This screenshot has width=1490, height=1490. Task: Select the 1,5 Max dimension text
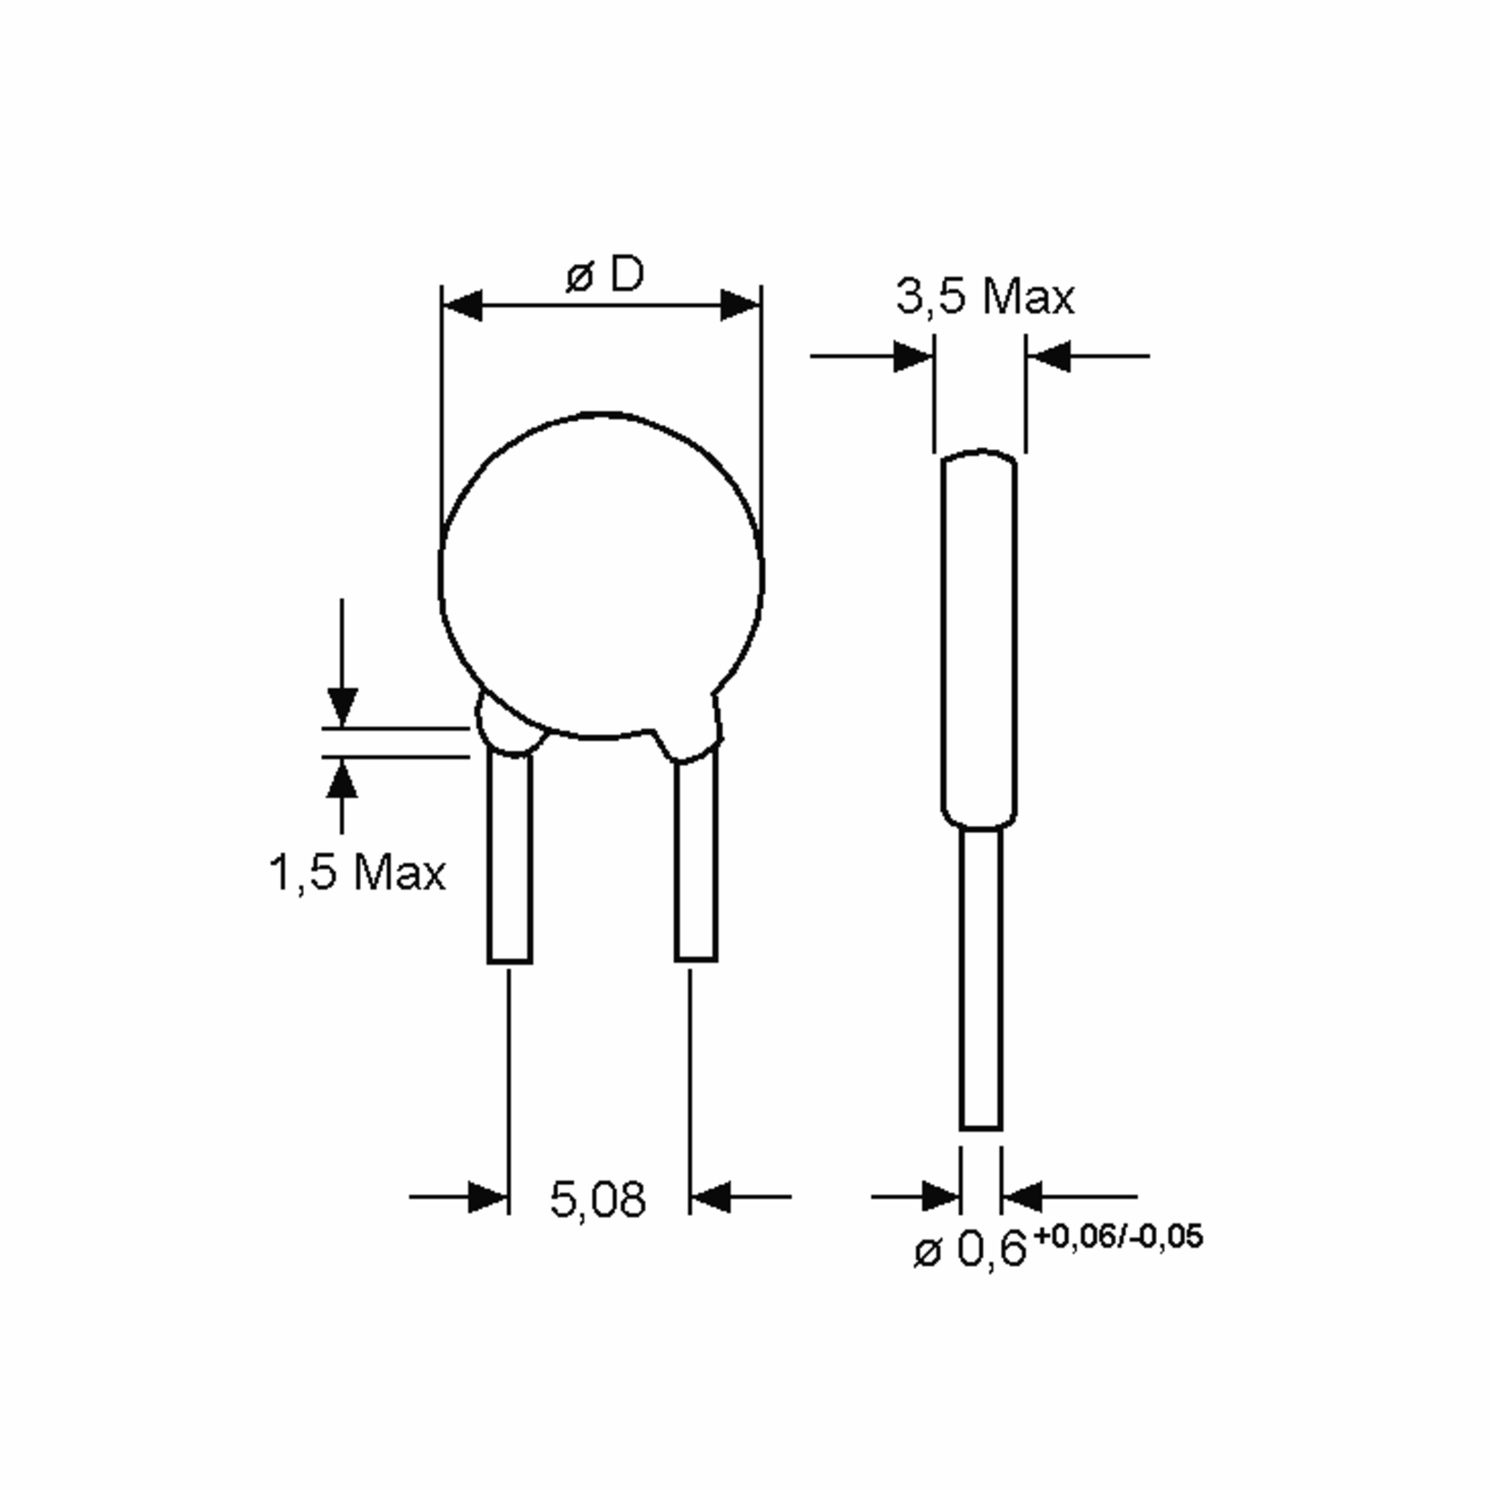[x=356, y=873]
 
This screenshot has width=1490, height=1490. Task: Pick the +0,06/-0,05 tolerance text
[x=1117, y=1236]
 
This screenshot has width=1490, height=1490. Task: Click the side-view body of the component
[x=978, y=640]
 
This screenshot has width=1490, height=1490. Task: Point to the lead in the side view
[x=981, y=980]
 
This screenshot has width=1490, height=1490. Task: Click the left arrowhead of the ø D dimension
[x=463, y=305]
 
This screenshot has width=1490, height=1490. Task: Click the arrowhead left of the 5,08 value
[x=488, y=1197]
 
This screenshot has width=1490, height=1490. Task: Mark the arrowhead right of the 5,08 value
[x=710, y=1197]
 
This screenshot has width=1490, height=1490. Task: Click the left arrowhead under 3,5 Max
[x=913, y=356]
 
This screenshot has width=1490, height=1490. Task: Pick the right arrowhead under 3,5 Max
[x=1049, y=356]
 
